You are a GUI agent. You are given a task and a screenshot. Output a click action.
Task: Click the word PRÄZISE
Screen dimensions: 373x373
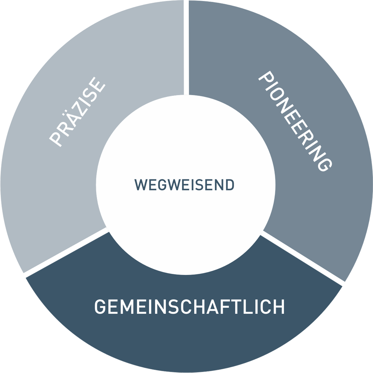pos(78,112)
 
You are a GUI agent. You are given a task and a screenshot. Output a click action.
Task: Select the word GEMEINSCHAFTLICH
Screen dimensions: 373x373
pos(189,307)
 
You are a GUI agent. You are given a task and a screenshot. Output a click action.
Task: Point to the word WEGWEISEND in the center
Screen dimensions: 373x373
pos(185,185)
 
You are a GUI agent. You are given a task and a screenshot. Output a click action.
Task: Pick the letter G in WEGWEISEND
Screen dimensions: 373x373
pos(160,185)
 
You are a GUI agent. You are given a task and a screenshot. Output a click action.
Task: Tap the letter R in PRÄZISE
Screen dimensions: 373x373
pos(63,128)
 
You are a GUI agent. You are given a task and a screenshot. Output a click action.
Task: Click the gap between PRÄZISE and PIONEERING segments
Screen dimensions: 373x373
pos(186,45)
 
